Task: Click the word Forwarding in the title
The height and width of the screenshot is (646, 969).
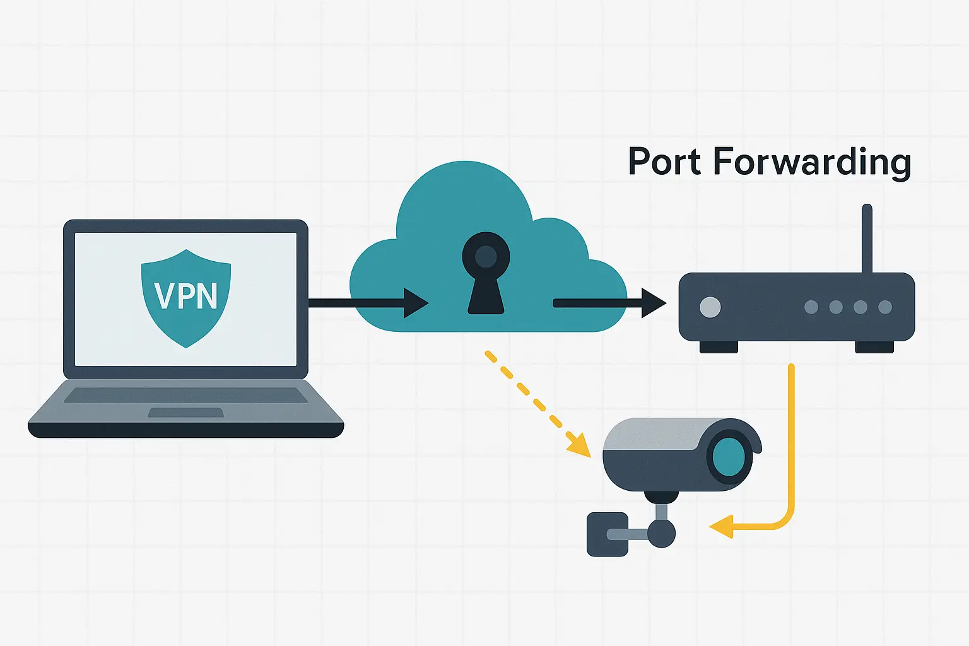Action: pos(812,163)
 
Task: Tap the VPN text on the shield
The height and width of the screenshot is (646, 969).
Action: pos(186,296)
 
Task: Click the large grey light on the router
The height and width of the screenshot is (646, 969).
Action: pos(710,307)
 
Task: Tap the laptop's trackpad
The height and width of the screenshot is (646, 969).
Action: pos(185,413)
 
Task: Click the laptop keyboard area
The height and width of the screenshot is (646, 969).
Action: pos(185,395)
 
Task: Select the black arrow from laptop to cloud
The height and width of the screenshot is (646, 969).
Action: pos(366,303)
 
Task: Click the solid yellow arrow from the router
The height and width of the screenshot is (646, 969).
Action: pos(791,454)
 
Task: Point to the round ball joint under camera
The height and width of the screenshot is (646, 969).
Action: pos(661,534)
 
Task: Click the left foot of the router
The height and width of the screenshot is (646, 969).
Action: pos(719,347)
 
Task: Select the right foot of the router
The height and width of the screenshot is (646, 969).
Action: pos(874,347)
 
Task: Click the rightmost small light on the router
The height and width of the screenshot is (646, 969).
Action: pos(885,307)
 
